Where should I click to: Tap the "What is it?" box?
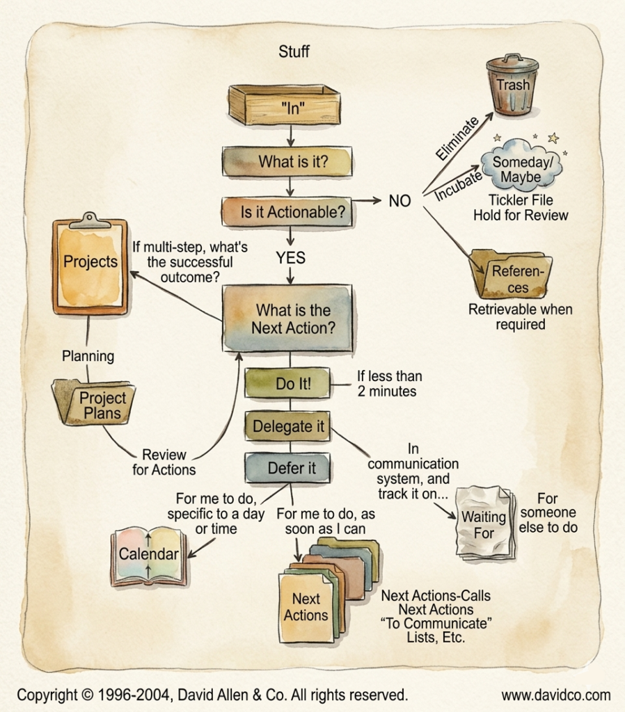[292, 162]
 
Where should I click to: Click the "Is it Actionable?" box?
[292, 212]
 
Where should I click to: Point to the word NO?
[399, 201]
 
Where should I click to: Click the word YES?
[290, 257]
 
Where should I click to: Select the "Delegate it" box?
[288, 426]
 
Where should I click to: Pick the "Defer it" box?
[291, 468]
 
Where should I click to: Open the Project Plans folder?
[97, 405]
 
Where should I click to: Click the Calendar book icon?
[148, 554]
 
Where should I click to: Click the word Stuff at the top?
[294, 51]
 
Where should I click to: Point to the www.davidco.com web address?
[555, 695]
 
